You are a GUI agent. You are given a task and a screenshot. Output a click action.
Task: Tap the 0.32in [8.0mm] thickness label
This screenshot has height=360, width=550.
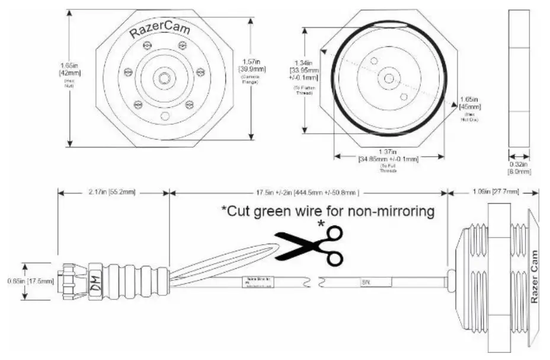519,168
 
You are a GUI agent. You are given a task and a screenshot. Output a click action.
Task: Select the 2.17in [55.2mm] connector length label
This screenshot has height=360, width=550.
113,192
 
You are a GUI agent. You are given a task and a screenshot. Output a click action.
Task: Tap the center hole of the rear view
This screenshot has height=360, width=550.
388,78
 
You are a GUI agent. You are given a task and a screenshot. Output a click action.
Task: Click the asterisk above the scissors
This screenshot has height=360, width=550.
322,224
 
